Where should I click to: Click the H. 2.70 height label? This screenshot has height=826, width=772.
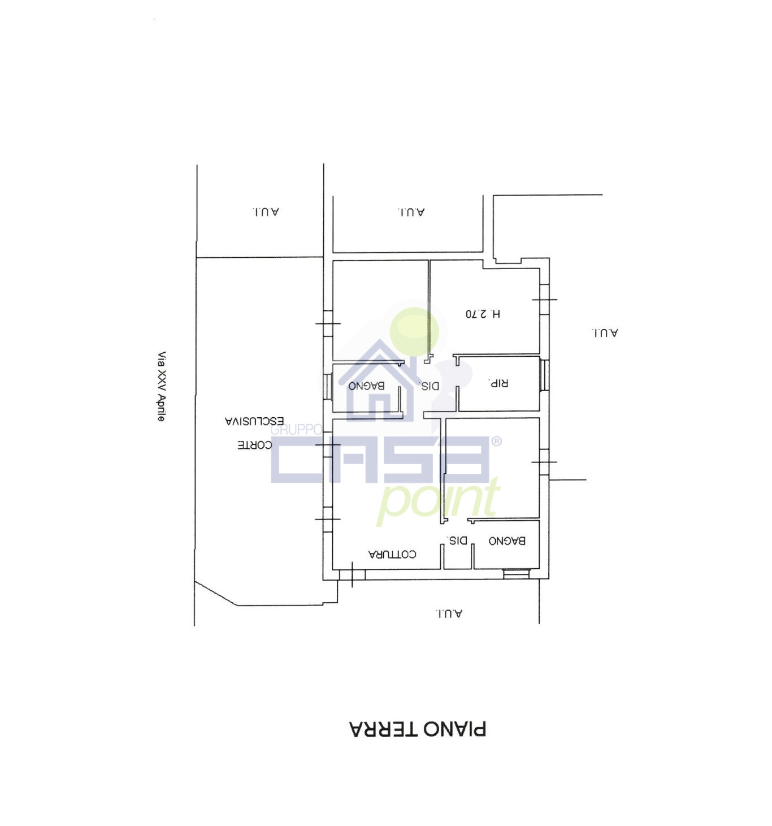pyautogui.click(x=483, y=314)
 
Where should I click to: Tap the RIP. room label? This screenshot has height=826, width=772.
pyautogui.click(x=498, y=383)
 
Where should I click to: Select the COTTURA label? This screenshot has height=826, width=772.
pyautogui.click(x=392, y=554)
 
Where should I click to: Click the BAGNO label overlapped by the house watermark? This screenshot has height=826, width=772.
pyautogui.click(x=366, y=386)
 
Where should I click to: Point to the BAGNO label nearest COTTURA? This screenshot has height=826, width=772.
pyautogui.click(x=506, y=540)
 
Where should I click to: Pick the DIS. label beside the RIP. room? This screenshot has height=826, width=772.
pyautogui.click(x=430, y=386)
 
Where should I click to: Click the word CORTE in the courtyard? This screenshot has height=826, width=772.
pyautogui.click(x=254, y=445)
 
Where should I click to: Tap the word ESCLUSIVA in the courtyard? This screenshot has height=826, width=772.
pyautogui.click(x=254, y=421)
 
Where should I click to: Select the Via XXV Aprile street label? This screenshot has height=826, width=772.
pyautogui.click(x=161, y=386)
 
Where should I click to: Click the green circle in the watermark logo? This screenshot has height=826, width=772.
pyautogui.click(x=414, y=332)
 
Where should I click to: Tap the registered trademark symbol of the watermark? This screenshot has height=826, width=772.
pyautogui.click(x=497, y=442)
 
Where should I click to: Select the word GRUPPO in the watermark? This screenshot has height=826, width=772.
pyautogui.click(x=296, y=430)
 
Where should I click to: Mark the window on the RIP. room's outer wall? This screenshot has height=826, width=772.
pyautogui.click(x=544, y=375)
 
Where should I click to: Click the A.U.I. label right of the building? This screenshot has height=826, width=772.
pyautogui.click(x=604, y=333)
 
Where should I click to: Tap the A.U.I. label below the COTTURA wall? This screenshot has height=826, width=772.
pyautogui.click(x=448, y=613)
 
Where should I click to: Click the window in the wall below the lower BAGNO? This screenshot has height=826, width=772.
pyautogui.click(x=516, y=574)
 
